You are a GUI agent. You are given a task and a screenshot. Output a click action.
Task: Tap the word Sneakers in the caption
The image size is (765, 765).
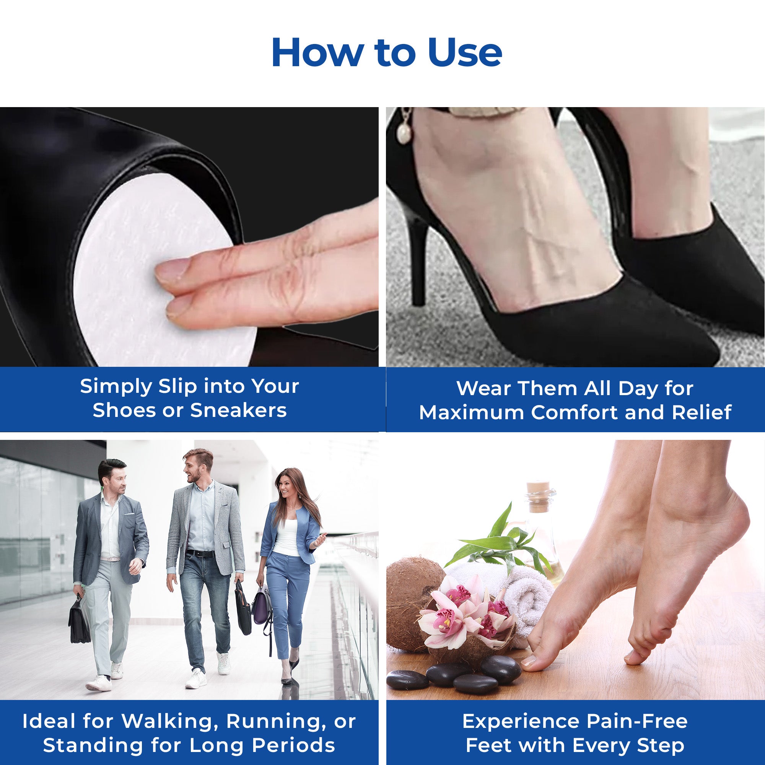238,410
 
